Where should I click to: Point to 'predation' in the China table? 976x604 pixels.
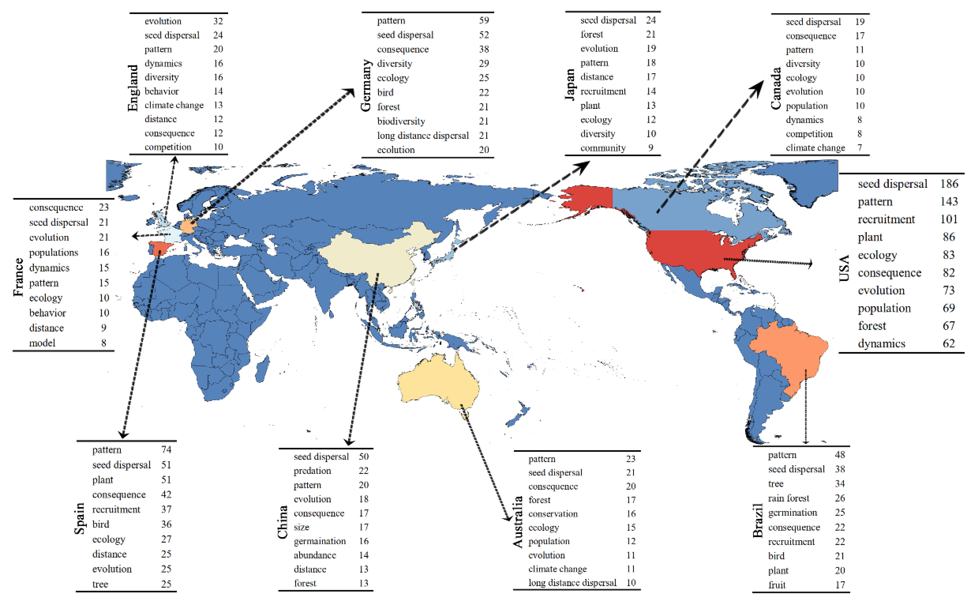click(x=312, y=471)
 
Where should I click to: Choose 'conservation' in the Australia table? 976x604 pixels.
click(x=553, y=514)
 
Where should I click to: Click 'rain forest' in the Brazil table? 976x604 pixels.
click(x=788, y=498)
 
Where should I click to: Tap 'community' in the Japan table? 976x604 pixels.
click(x=603, y=148)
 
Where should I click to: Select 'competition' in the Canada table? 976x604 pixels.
click(x=809, y=134)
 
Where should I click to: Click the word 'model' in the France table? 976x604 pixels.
click(x=42, y=343)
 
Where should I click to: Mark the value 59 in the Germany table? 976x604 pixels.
click(x=484, y=20)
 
